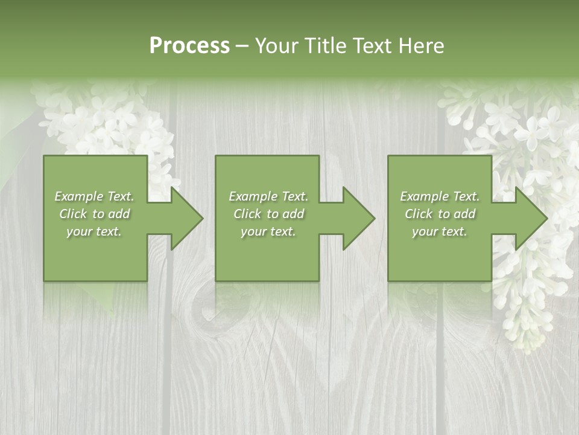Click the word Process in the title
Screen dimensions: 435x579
coord(189,45)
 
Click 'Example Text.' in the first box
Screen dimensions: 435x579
coord(94,196)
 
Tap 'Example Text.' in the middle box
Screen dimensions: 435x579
coord(268,196)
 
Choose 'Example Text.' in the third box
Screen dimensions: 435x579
coord(440,196)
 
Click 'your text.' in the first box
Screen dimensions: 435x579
coord(94,231)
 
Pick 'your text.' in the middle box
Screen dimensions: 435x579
coord(268,231)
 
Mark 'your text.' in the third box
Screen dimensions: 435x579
coord(440,231)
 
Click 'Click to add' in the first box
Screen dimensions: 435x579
coord(94,214)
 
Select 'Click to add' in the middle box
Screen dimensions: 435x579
coord(268,214)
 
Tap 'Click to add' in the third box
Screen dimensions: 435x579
coord(440,214)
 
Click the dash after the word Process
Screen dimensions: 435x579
coord(242,47)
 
